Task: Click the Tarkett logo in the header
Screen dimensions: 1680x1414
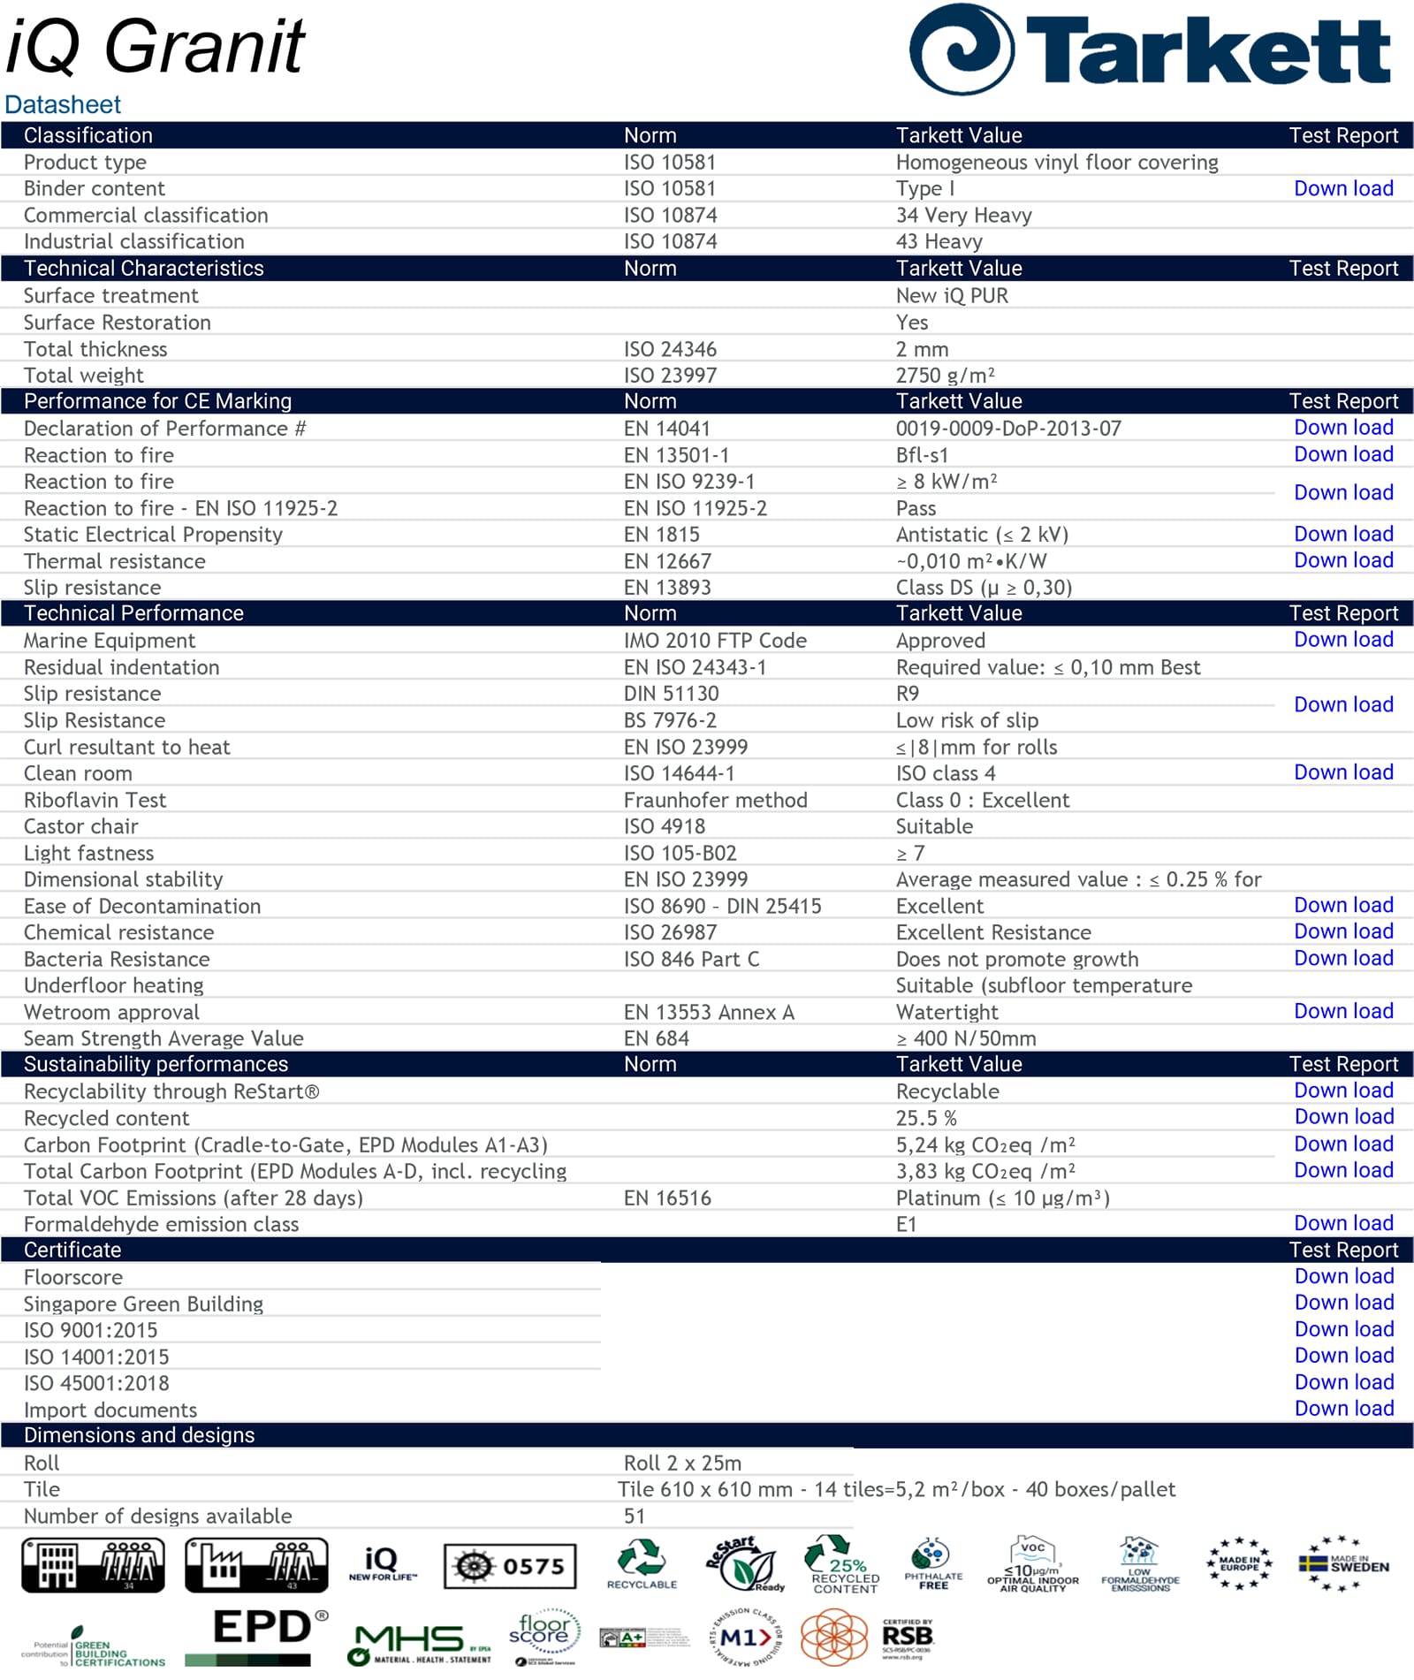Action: [1149, 50]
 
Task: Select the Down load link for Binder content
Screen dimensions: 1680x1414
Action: [1342, 188]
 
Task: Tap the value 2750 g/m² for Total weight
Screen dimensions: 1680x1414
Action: [945, 376]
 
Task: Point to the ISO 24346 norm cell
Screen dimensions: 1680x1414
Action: [670, 349]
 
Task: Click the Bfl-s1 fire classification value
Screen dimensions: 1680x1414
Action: [922, 455]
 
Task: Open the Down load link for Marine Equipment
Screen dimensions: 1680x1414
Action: [1342, 640]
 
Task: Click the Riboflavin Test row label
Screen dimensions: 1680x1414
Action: [95, 800]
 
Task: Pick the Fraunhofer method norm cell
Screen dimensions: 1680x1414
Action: [715, 800]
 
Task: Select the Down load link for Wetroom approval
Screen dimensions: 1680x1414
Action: [1342, 1011]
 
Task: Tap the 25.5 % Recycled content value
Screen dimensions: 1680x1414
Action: [925, 1118]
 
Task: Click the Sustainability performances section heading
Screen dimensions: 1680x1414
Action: [156, 1064]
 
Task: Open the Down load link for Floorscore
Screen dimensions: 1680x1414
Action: [1343, 1276]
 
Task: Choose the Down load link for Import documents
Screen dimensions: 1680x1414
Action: [1343, 1409]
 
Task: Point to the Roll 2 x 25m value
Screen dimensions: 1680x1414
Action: [682, 1463]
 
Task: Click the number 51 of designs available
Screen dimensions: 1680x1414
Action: [634, 1516]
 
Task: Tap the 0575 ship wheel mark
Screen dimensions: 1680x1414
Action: [510, 1567]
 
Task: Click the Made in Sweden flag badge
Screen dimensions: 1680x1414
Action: [1343, 1565]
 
